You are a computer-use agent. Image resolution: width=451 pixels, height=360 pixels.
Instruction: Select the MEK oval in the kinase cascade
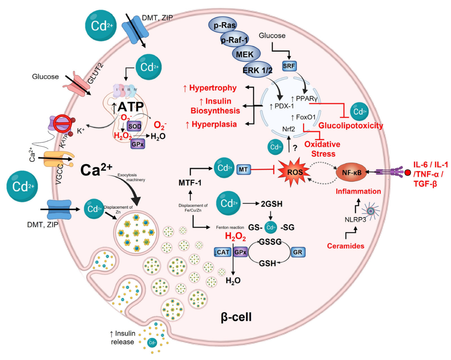click(x=245, y=54)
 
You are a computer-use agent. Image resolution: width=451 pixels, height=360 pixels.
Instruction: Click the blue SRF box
click(x=289, y=66)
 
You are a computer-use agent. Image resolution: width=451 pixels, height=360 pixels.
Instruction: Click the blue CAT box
click(x=222, y=252)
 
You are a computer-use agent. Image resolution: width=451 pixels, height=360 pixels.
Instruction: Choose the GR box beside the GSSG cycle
click(x=298, y=252)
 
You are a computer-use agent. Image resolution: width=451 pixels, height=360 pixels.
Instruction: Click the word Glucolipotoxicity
click(x=350, y=126)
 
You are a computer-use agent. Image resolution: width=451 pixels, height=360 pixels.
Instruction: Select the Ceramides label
click(x=345, y=246)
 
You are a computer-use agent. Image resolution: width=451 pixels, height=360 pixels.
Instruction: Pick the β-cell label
click(x=236, y=316)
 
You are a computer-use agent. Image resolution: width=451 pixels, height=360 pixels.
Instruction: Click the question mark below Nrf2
click(x=294, y=149)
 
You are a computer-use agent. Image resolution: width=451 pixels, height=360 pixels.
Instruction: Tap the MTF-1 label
click(x=190, y=182)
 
